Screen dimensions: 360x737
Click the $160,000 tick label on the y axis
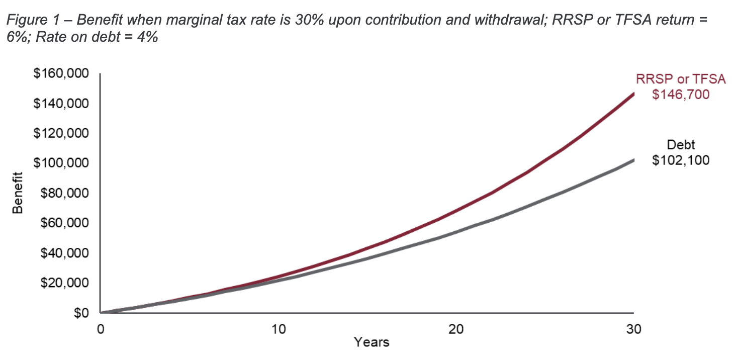pos(62,74)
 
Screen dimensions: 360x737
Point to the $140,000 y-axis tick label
pos(62,104)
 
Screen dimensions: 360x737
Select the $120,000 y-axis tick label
pos(62,134)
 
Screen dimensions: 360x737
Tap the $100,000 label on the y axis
pos(62,163)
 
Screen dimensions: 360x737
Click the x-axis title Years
pos(372,342)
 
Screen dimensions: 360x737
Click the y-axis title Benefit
pos(18,194)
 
